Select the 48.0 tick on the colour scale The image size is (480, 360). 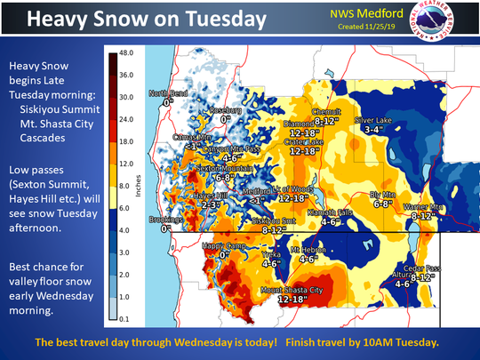coord(125,53)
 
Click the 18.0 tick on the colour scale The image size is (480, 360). coord(125,140)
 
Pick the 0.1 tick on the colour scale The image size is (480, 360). coord(125,315)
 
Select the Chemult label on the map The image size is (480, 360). coord(327,110)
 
